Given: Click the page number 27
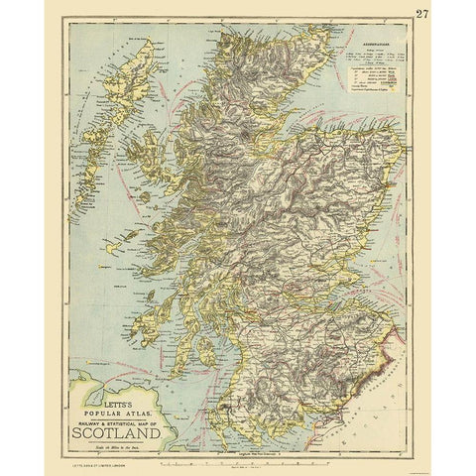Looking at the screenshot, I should click(x=451, y=14).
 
